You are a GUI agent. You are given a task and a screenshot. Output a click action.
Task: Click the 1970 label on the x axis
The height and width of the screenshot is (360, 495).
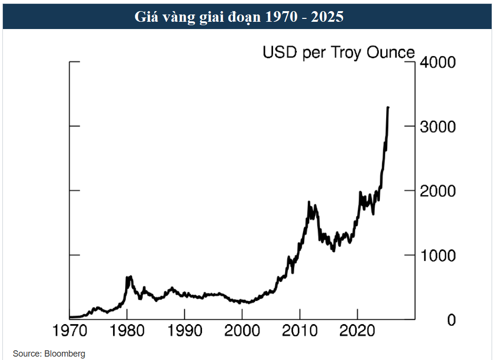tap(70, 334)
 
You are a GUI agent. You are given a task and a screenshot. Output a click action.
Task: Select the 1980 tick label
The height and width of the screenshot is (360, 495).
tap(127, 334)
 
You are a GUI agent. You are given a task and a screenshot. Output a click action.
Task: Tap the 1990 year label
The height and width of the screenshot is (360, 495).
tap(185, 334)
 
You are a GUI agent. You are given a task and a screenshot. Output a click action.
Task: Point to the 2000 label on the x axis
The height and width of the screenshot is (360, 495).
tap(242, 334)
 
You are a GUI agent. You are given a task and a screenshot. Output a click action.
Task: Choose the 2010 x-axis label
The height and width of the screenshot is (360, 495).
tap(300, 334)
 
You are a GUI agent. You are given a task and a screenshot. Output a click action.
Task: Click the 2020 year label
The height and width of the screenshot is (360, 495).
tap(357, 334)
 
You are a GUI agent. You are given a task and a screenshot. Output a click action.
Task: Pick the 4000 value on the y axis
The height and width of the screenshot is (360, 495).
tap(438, 62)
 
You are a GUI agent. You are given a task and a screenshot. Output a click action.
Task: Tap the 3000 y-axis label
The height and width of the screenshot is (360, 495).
tap(438, 127)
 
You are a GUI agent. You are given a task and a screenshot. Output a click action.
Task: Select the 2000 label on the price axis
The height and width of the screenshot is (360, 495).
tap(438, 191)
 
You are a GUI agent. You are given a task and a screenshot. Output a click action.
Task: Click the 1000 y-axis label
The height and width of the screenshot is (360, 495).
tap(438, 255)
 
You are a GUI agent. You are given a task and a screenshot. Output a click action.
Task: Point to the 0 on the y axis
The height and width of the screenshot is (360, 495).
tap(451, 320)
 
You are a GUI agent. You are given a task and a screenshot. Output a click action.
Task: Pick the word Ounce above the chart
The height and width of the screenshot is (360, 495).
tap(392, 52)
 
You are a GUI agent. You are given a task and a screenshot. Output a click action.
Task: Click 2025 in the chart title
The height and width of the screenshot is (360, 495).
tap(327, 17)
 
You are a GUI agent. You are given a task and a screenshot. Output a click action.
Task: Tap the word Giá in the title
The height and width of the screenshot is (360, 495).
tap(145, 17)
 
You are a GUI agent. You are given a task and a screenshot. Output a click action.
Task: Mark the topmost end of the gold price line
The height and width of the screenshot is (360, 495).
tap(388, 107)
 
